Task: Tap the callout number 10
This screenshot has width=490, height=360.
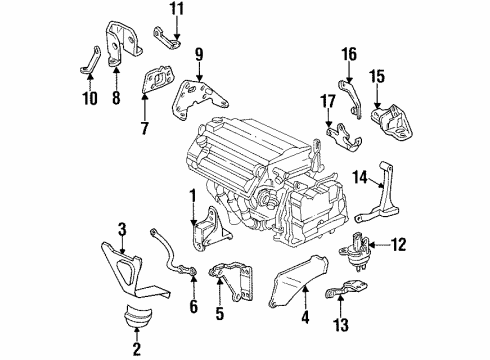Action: [90, 98]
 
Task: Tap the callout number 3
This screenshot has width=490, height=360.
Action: [122, 229]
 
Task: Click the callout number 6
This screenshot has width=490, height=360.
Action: [192, 305]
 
